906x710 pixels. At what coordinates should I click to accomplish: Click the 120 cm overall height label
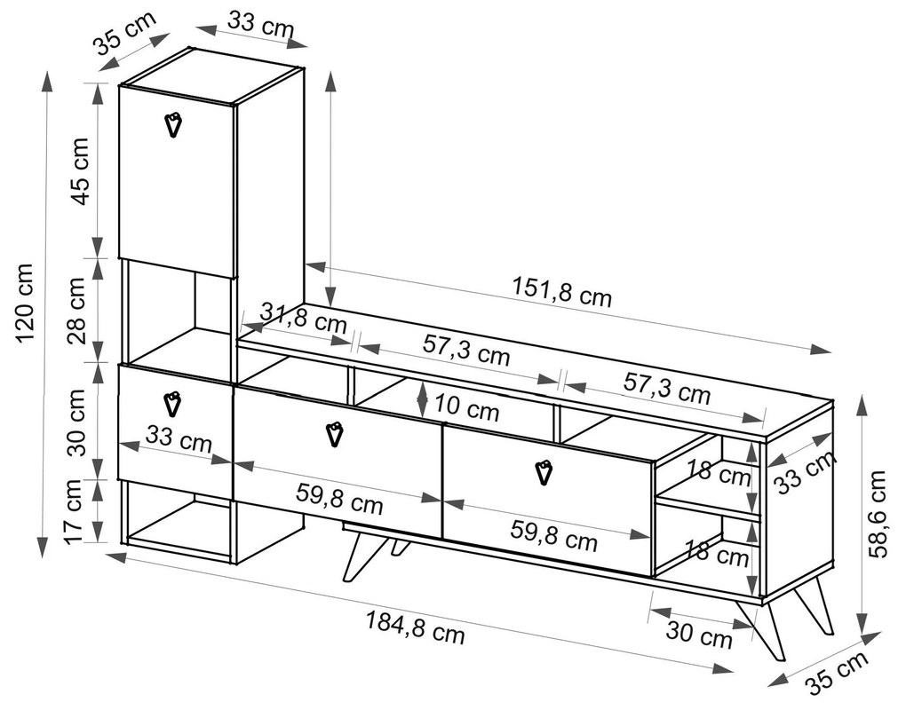(x=26, y=303)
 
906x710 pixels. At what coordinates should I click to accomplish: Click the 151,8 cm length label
(x=561, y=292)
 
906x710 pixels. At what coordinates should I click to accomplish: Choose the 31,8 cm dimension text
(x=304, y=318)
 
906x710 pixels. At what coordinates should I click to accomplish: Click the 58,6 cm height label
(x=877, y=514)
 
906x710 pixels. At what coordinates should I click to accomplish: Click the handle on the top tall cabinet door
(x=173, y=124)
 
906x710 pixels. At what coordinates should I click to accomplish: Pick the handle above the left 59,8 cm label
(x=335, y=434)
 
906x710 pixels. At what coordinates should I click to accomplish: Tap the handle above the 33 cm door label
(x=173, y=404)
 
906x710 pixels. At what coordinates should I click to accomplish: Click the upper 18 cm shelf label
(x=719, y=473)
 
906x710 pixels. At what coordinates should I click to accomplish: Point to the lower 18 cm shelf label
(x=717, y=553)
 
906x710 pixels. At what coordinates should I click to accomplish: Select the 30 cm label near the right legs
(x=700, y=633)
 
